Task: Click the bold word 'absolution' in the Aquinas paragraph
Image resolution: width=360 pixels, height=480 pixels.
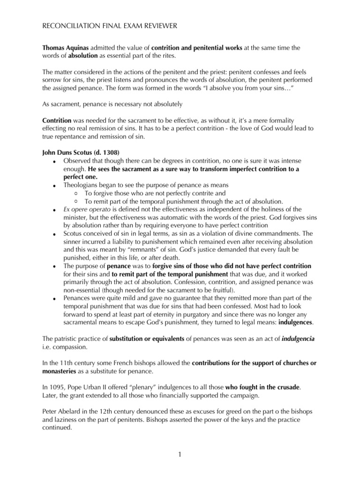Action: pos(83,56)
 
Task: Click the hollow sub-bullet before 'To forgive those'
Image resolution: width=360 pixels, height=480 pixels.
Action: pos(76,193)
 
